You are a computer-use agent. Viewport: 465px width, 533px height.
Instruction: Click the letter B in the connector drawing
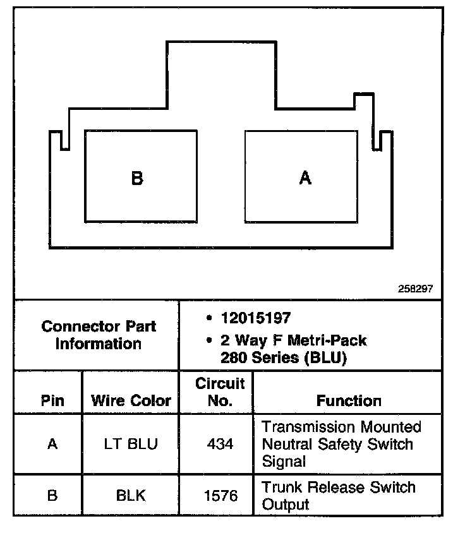click(x=137, y=178)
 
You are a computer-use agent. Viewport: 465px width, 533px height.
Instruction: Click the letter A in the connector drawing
click(x=305, y=178)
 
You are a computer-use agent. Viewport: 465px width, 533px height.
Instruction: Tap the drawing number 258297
click(x=415, y=289)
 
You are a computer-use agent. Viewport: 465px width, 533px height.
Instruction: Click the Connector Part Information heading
click(x=99, y=335)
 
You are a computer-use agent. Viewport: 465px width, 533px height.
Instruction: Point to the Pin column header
click(x=52, y=400)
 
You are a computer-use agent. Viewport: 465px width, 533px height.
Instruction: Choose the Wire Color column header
click(x=131, y=400)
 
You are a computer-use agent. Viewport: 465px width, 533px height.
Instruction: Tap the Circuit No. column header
click(x=220, y=392)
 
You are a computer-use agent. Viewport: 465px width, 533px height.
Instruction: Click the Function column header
click(x=349, y=400)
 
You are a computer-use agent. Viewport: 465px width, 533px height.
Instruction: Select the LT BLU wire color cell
click(x=131, y=444)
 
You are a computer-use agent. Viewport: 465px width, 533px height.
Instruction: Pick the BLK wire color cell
click(x=131, y=496)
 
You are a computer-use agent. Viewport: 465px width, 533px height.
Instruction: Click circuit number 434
click(x=220, y=444)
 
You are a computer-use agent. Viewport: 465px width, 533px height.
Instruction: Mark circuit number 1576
click(x=220, y=496)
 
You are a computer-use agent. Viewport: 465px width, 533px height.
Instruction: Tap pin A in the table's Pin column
click(x=52, y=444)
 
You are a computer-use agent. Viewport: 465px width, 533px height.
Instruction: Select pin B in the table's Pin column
click(x=52, y=496)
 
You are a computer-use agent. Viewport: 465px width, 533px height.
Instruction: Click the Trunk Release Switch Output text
click(x=338, y=496)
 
